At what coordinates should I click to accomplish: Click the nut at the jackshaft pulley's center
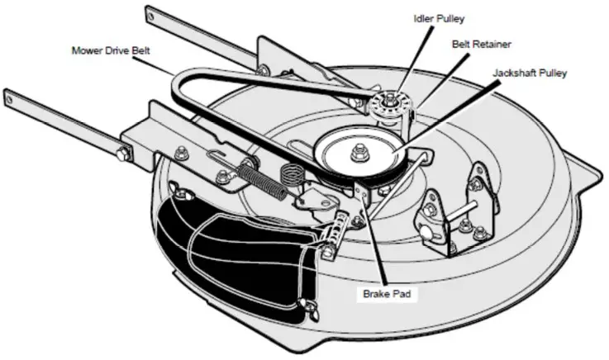tap(360, 151)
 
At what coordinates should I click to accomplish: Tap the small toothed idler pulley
tap(384, 107)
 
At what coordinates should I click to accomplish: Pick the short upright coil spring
tap(291, 177)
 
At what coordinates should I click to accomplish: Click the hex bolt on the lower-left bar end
tap(124, 152)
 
